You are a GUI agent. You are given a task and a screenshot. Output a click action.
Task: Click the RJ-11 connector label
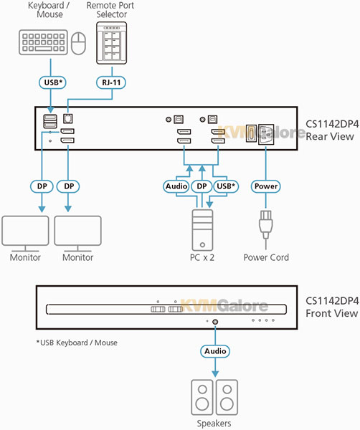[x=111, y=82]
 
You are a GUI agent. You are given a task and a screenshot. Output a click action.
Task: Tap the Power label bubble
[x=265, y=186]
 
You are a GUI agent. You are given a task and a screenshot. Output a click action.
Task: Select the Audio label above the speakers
[x=215, y=351]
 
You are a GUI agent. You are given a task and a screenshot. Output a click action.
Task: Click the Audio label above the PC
[x=176, y=186]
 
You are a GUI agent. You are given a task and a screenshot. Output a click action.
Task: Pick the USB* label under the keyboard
[x=52, y=82]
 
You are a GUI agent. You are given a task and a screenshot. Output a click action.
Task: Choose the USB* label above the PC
[x=226, y=186]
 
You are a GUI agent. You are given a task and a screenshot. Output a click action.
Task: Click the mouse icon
[x=78, y=43]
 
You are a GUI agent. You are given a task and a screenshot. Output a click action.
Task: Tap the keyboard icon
[x=43, y=42]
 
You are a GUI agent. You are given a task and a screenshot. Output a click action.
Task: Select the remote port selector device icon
[x=111, y=43]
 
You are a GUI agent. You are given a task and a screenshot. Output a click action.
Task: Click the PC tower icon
[x=202, y=230]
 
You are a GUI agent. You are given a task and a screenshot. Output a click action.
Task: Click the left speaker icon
[x=202, y=397]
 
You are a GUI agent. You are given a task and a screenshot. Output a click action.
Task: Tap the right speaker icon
[x=227, y=397]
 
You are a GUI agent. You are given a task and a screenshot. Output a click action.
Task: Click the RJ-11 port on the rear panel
[x=68, y=118]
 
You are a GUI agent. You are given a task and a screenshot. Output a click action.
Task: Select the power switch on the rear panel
[x=251, y=133]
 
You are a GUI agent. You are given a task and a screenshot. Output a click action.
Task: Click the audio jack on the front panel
[x=215, y=322]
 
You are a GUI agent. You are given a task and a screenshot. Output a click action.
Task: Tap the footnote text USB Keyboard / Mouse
[x=77, y=343]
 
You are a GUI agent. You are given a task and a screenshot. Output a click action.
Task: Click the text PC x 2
[x=202, y=257]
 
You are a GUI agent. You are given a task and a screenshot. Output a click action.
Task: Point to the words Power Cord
[x=266, y=257]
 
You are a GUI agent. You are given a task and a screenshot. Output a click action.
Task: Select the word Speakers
[x=214, y=424]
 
